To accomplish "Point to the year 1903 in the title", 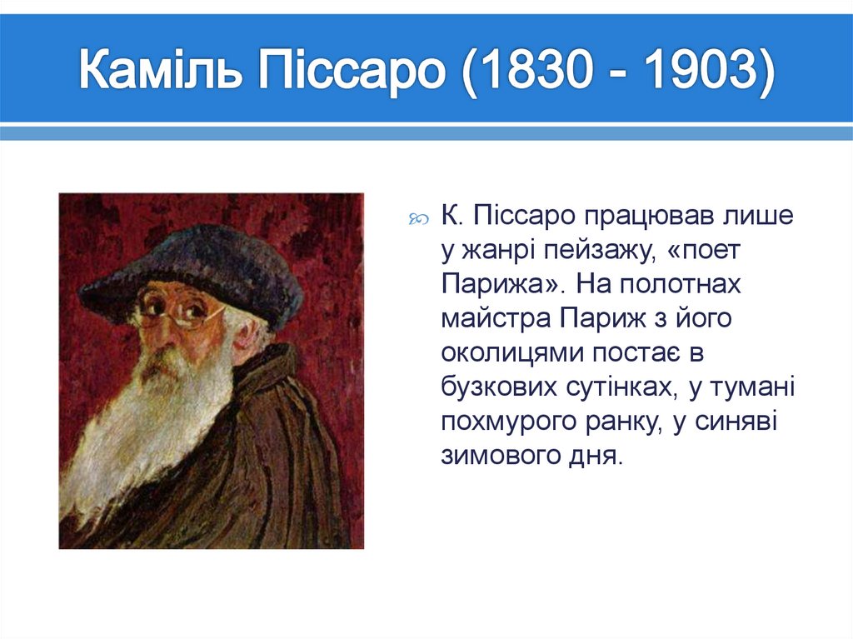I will coord(699,74).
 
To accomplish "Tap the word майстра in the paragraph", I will coord(496,319).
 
